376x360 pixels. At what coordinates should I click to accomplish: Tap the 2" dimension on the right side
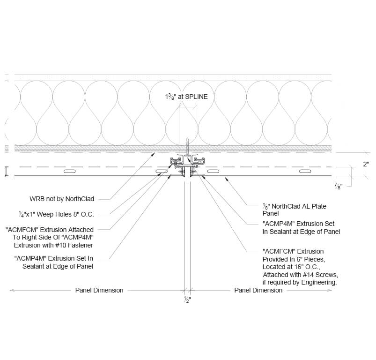pos(366,164)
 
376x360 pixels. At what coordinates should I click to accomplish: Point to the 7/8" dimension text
pos(339,186)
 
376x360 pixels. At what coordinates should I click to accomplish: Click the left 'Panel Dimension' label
pos(99,290)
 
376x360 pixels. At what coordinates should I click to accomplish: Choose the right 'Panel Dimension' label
pos(258,290)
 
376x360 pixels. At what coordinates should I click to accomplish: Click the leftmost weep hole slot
pos(69,172)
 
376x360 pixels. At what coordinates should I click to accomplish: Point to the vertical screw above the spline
pos(187,144)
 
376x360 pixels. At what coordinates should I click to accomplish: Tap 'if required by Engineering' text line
pos(300,283)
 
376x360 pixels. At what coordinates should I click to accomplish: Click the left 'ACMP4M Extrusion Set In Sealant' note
pos(54,262)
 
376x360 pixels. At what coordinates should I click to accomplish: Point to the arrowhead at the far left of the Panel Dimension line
pos(12,290)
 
